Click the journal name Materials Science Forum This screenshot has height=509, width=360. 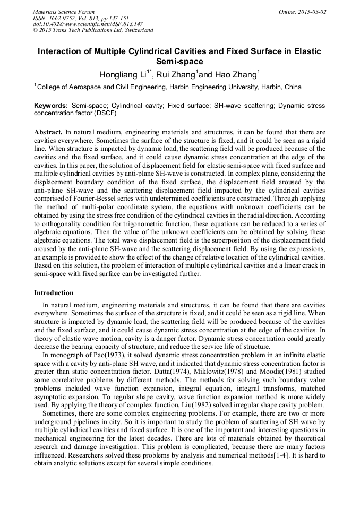(64, 11)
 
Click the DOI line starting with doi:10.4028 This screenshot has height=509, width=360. (88, 24)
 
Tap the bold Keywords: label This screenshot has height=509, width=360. (52, 106)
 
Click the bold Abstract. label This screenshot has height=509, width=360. (48, 131)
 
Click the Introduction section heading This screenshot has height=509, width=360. (54, 292)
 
